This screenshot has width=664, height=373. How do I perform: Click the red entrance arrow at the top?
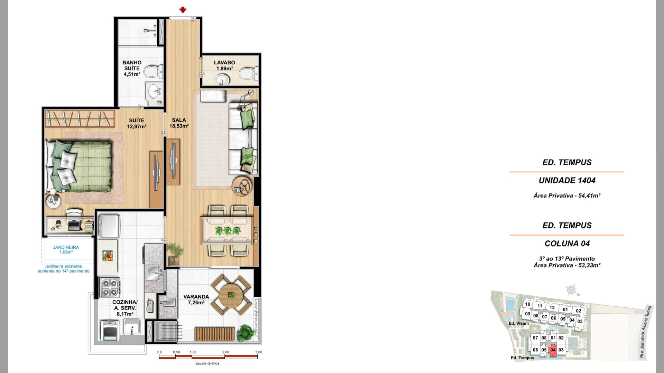(x=183, y=10)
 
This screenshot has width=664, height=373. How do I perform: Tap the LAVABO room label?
(x=224, y=63)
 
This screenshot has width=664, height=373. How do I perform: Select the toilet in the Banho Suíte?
(x=153, y=71)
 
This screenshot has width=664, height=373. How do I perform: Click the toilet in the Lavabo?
(x=248, y=73)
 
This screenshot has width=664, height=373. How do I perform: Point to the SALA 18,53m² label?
(x=179, y=123)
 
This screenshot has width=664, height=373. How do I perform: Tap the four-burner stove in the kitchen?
(x=110, y=287)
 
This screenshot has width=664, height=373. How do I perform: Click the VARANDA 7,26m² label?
(x=196, y=299)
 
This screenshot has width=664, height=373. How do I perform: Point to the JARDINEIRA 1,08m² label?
(x=66, y=250)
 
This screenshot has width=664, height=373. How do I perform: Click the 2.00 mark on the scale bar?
(x=226, y=352)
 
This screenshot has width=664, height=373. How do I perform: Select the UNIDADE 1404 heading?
(x=567, y=180)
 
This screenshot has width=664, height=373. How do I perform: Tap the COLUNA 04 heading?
(x=567, y=243)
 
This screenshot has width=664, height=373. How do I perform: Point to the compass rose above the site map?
(x=571, y=290)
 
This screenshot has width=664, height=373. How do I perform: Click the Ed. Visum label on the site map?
(x=518, y=324)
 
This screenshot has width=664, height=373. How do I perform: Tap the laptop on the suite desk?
(x=74, y=225)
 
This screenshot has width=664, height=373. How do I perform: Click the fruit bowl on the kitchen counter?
(x=108, y=256)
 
